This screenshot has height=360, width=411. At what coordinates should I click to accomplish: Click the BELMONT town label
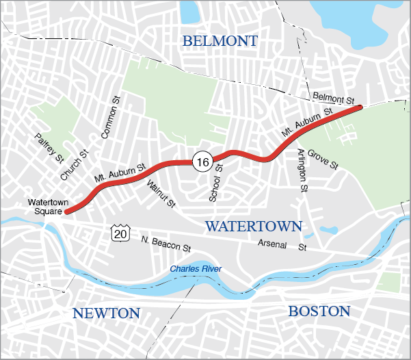220,42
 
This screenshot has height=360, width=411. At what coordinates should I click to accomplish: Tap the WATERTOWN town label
254,226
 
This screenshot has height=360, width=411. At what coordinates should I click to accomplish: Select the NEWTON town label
106,313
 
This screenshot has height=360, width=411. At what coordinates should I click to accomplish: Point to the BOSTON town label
319,311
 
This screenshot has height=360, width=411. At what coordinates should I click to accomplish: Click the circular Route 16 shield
201,162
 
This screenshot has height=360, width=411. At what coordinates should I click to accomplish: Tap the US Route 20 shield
120,234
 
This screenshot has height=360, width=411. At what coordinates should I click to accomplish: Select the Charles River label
196,269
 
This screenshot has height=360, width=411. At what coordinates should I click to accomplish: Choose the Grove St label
322,159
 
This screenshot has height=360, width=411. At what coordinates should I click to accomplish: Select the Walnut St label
161,193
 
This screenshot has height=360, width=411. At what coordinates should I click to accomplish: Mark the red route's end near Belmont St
359,107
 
